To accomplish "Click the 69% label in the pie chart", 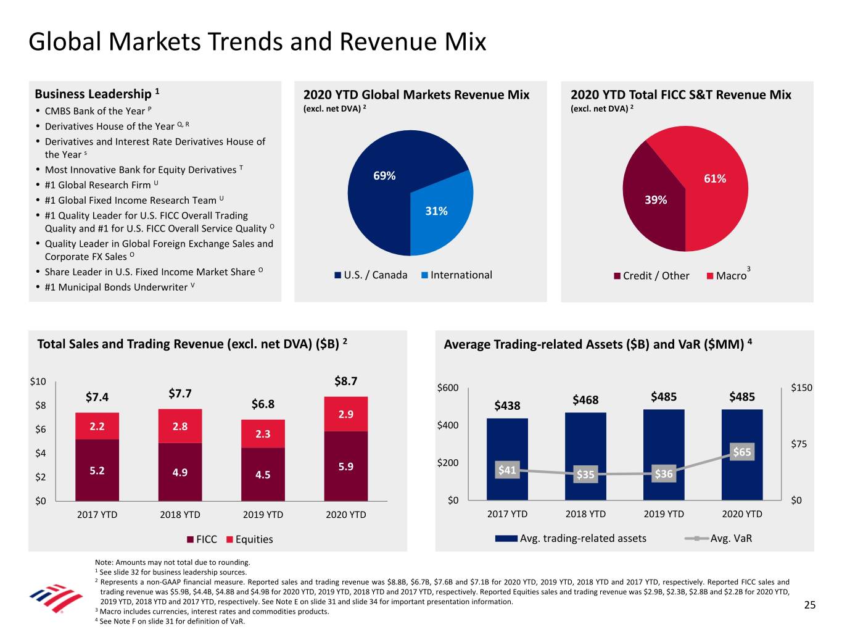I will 384,176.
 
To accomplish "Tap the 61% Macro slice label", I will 715,179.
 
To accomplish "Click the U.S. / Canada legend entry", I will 371,275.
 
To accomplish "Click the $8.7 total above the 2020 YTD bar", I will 345,381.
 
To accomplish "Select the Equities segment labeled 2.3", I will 263,434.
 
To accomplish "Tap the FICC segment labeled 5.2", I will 97,470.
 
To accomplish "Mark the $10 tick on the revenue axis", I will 38,381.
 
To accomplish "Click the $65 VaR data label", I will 742,452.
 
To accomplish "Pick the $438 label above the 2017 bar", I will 507,405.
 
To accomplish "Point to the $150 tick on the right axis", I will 801,388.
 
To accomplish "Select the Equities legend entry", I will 250,539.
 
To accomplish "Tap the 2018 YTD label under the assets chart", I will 585,514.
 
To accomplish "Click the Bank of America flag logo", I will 56,598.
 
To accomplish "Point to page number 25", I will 809,605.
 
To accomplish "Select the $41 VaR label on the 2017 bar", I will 507,470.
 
